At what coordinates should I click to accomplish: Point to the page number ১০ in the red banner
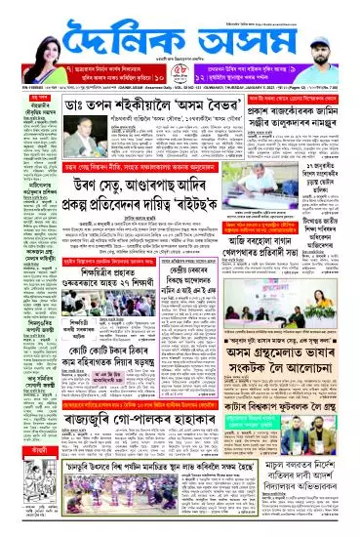169,79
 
